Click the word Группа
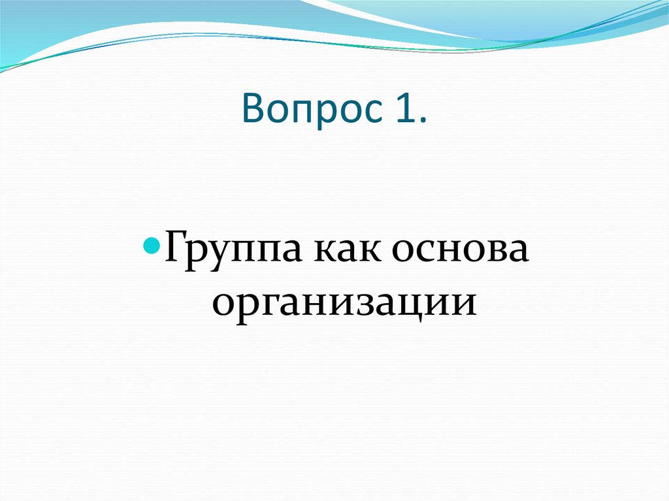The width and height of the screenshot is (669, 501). [x=235, y=253]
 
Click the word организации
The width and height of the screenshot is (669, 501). [x=342, y=302]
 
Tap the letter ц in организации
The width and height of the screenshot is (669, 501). [x=417, y=304]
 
